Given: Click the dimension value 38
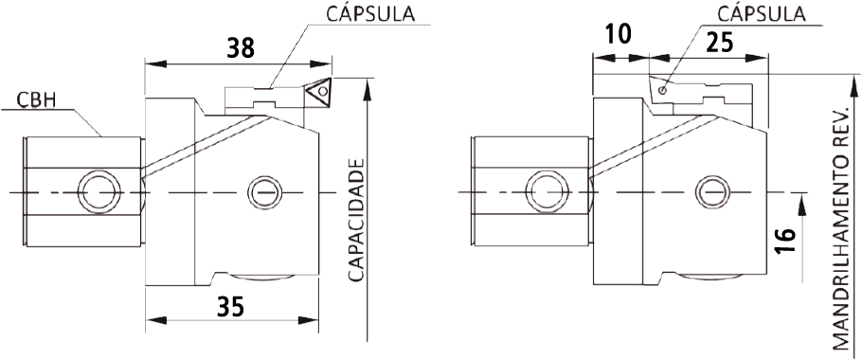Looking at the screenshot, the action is (242, 47).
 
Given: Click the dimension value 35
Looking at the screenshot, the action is (230, 307).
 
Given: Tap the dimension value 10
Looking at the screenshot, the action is (618, 34).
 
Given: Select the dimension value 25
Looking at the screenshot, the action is (719, 43).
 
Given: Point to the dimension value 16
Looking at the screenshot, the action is (788, 241).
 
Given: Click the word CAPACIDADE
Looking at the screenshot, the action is (357, 221).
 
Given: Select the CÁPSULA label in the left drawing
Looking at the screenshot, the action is (371, 14).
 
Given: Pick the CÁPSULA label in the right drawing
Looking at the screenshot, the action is (761, 13).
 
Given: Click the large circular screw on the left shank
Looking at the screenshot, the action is (99, 193).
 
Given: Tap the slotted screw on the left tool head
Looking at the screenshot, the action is (265, 193).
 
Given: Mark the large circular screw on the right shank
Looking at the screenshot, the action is (548, 192).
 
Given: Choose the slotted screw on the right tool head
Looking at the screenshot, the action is (713, 193).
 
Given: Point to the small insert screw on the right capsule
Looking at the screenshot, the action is (663, 90).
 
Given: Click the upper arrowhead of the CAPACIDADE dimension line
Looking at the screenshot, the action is (368, 89).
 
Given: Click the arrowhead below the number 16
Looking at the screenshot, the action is (801, 206).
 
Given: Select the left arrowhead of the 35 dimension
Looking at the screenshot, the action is (156, 320).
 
